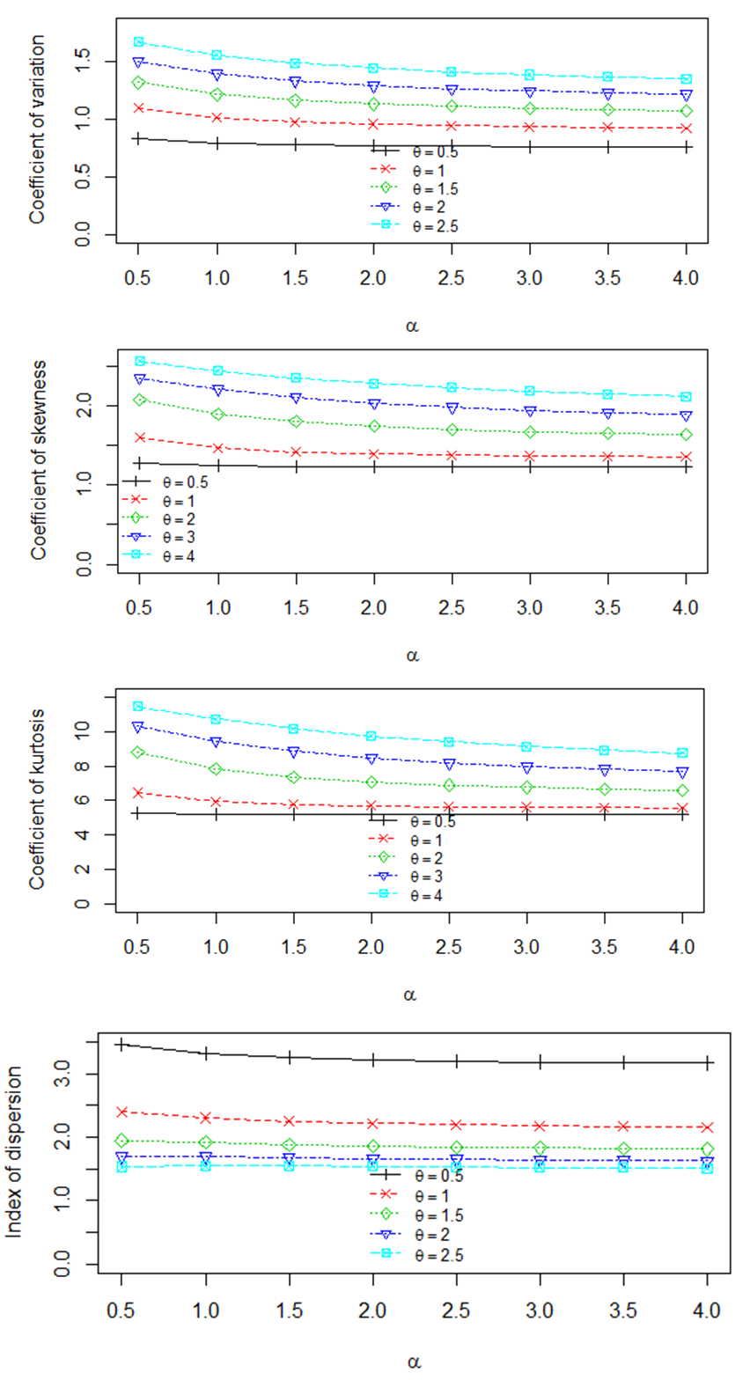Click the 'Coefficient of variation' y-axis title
coord(37,130)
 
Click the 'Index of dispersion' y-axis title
coord(15,1155)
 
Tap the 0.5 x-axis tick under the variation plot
coord(138,277)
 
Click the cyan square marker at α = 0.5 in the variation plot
coord(138,41)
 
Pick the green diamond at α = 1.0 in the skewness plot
coord(217,414)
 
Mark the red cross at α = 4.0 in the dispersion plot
coord(707,1127)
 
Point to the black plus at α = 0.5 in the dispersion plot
coord(122,1044)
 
